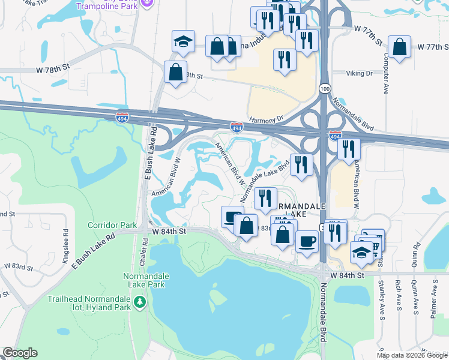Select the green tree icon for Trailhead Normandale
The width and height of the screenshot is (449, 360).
tap(140, 301)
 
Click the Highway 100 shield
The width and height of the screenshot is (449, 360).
tap(324, 88)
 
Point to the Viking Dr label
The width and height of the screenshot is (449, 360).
tap(360, 73)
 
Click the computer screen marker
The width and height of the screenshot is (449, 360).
tap(232, 217)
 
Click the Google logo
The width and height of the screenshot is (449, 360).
tap(20, 353)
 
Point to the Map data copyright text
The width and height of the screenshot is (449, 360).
tap(412, 355)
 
